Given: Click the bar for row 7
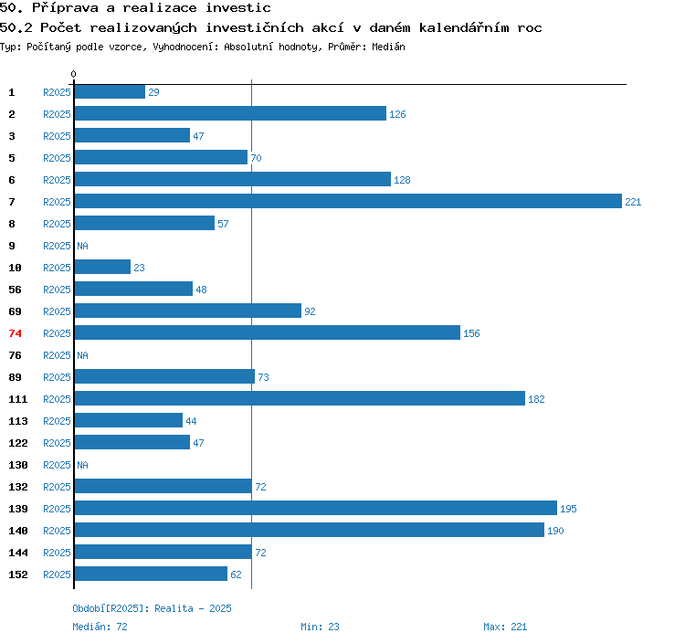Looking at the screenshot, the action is click(348, 201).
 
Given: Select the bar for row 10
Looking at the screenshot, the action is click(102, 267).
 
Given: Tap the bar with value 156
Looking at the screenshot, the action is click(268, 332).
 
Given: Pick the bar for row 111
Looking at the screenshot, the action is click(300, 398).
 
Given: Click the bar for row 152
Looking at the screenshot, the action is click(151, 574).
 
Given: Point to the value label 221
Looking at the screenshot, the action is click(633, 202).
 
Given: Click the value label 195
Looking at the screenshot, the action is click(568, 509).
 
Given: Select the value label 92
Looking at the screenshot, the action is click(310, 311).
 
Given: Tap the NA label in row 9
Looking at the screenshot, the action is click(82, 246).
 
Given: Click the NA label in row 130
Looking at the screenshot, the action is click(82, 465).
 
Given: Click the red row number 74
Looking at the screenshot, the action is click(15, 333).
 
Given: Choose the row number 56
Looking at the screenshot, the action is click(15, 290).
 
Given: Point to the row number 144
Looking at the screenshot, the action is click(18, 553).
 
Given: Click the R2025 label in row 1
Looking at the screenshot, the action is click(57, 92).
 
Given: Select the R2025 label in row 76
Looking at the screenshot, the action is click(57, 355).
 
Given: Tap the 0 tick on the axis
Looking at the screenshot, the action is click(73, 74).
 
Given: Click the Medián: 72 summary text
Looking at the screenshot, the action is click(100, 627).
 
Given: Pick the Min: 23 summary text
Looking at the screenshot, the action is click(320, 627).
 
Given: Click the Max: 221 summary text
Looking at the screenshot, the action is click(505, 627).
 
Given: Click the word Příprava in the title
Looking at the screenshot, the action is click(65, 8).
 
